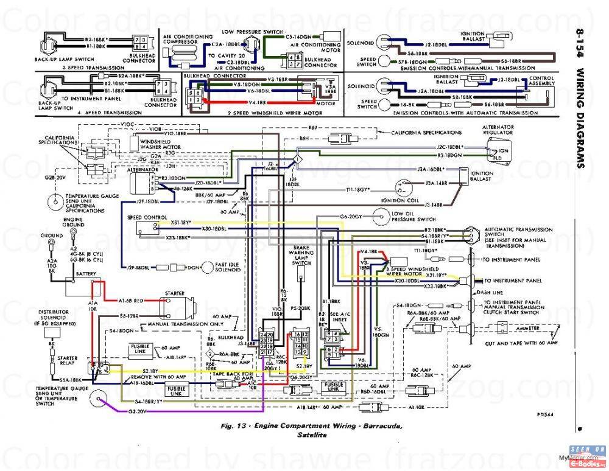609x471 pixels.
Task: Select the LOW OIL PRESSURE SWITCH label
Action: [x=414, y=216]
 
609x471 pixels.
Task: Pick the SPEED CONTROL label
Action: [x=146, y=217]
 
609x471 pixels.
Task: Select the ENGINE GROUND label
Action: [x=73, y=222]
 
